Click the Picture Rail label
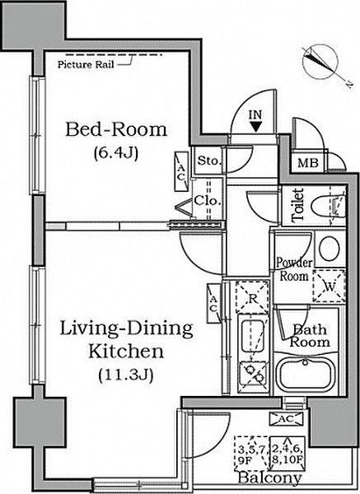[x=86, y=64]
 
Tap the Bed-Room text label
[x=116, y=129]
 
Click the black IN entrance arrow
[x=256, y=127]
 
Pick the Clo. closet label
[x=207, y=200]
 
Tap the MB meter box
[x=307, y=163]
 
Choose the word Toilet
[x=298, y=205]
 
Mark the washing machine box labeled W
[x=329, y=287]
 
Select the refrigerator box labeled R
[x=252, y=297]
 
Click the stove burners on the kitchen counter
[x=254, y=373]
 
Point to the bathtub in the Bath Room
[x=306, y=375]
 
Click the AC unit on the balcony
[x=286, y=419]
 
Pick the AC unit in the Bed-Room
[x=181, y=171]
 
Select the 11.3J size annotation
[x=125, y=375]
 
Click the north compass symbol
[x=320, y=62]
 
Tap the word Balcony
[x=270, y=478]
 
